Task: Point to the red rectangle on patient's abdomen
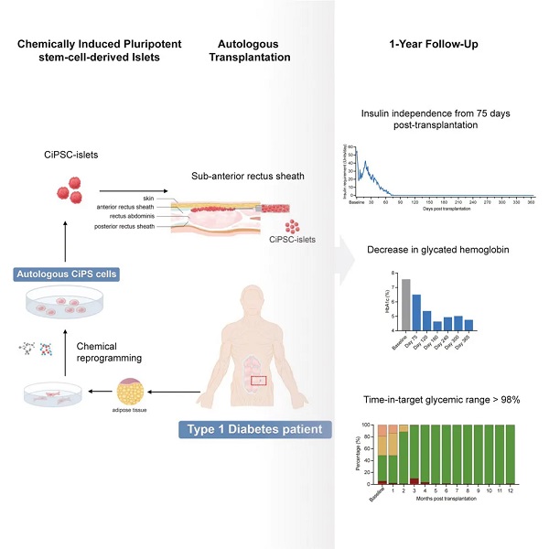(x=260, y=354)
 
